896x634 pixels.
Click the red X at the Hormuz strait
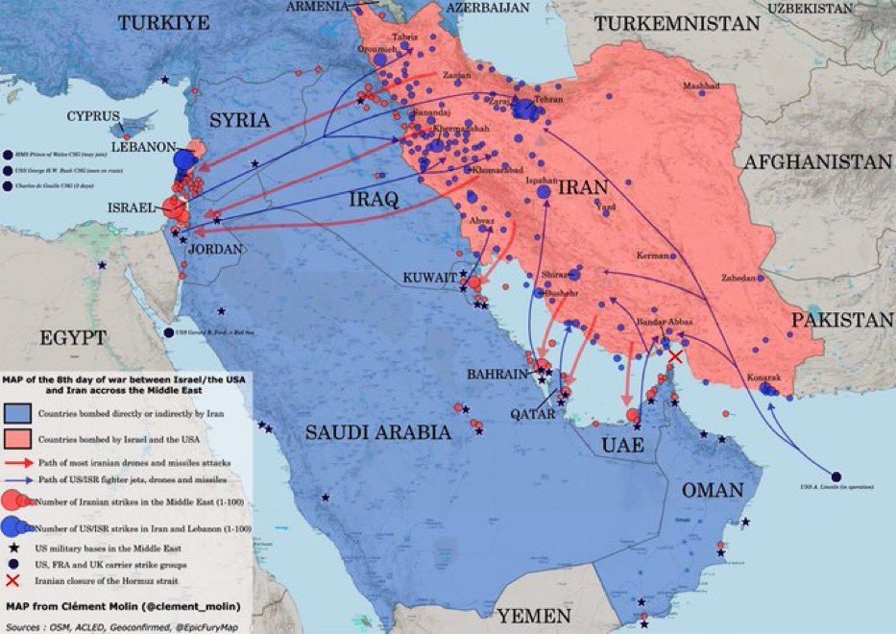click(x=675, y=357)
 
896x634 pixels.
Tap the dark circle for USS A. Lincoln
click(x=835, y=477)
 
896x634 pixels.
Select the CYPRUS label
click(x=93, y=116)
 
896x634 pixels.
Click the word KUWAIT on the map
click(x=429, y=277)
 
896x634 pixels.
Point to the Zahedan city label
click(x=740, y=278)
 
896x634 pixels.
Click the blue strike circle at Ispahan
click(x=544, y=192)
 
